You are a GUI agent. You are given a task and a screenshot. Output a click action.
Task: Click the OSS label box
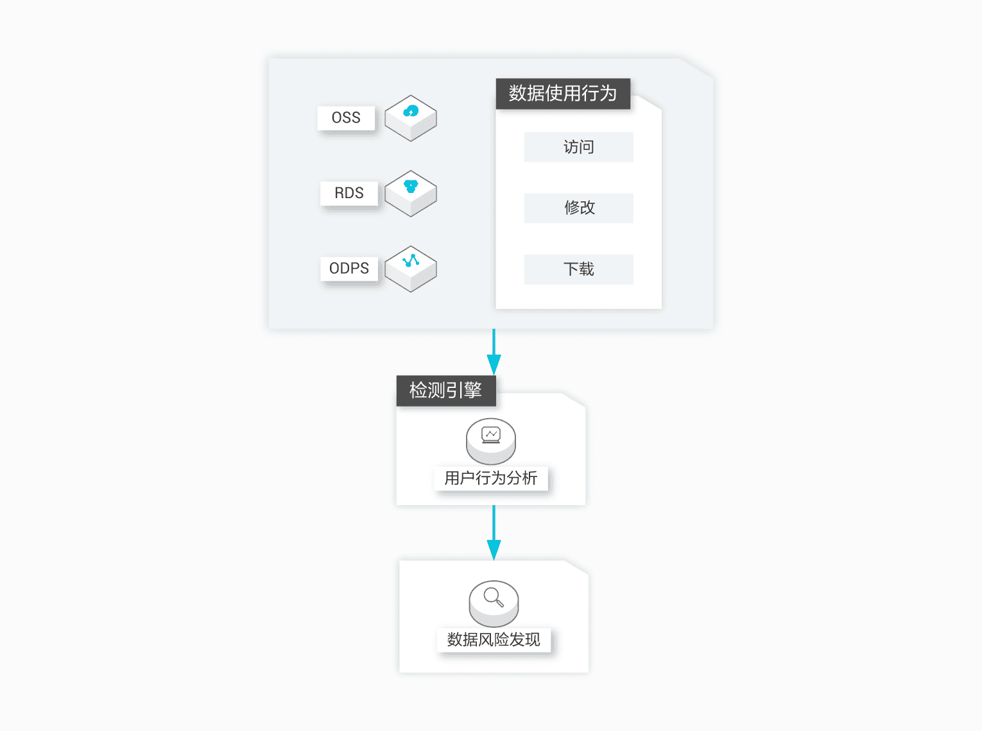[x=346, y=118]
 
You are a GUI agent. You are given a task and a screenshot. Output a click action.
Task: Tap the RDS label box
[x=349, y=194]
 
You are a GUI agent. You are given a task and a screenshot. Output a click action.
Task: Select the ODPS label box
[x=349, y=269]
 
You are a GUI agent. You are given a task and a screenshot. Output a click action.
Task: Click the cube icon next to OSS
[x=411, y=118]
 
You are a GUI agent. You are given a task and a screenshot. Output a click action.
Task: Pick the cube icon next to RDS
[x=411, y=194]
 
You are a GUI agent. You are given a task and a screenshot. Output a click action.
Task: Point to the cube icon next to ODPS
[x=411, y=269]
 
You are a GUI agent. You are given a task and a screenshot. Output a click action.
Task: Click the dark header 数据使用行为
[x=563, y=94]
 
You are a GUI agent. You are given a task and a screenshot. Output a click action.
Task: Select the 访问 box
[x=579, y=147]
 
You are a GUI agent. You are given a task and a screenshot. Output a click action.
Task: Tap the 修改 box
[x=579, y=208]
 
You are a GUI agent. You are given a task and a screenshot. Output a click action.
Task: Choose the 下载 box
[x=579, y=269]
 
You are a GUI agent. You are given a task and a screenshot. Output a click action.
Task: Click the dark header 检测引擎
[x=446, y=391]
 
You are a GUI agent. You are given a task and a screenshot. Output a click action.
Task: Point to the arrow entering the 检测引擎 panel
[x=494, y=352]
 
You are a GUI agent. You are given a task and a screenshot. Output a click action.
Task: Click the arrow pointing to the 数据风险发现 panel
[x=494, y=533]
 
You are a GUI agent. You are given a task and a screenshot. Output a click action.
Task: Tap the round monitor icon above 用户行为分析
[x=491, y=441]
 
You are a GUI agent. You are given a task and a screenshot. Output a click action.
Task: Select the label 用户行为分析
[x=491, y=478]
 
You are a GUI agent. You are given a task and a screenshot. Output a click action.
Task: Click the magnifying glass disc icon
[x=494, y=603]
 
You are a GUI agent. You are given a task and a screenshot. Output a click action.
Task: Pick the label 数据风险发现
[x=494, y=640]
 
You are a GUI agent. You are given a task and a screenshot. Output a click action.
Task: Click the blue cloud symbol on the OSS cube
[x=411, y=111]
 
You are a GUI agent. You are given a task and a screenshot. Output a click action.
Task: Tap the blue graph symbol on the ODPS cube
[x=411, y=260]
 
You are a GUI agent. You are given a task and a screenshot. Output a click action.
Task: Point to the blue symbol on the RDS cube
[x=411, y=187]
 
